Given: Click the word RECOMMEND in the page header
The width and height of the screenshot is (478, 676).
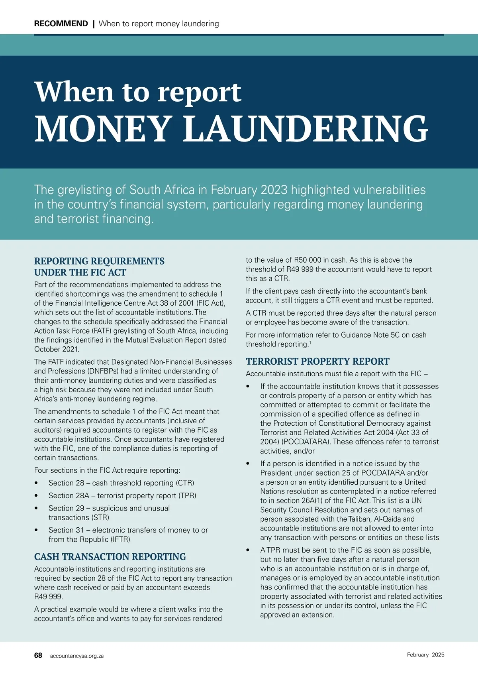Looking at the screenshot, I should point(61,24).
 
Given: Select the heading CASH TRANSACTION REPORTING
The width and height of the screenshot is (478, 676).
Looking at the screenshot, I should point(110,556).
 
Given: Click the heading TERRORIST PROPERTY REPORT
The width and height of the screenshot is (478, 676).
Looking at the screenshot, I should point(317,361).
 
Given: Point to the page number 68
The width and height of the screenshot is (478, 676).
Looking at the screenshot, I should point(38,655).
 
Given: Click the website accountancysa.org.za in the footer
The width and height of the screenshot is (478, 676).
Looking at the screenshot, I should point(77,656).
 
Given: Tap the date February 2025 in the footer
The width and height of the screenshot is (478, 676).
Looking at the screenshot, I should point(425,654).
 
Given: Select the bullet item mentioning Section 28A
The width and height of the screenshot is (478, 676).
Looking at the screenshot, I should point(122,495).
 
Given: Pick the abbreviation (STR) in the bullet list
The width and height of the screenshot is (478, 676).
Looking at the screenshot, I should point(100,517).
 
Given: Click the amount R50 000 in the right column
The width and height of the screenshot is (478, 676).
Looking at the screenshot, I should point(308,260).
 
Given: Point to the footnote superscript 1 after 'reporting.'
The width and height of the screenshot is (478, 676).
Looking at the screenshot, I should point(310,342).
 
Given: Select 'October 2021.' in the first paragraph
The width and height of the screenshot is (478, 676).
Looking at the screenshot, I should point(57,349).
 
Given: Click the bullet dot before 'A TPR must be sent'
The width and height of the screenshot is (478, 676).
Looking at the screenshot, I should point(248,550).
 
